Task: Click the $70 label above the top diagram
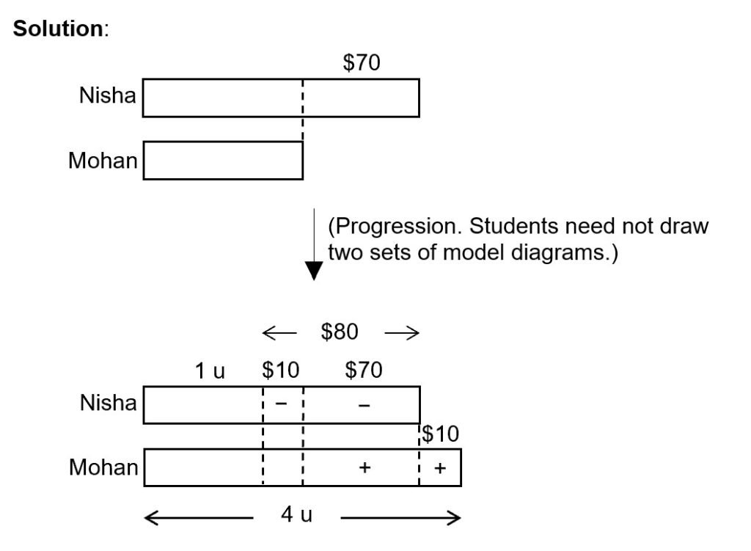click(362, 64)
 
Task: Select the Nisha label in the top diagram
click(108, 96)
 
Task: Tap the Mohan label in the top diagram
click(103, 161)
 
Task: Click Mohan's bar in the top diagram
click(223, 161)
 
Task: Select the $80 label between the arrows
click(340, 332)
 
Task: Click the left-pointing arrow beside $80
click(279, 334)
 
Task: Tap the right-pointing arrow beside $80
click(402, 334)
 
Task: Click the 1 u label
click(210, 371)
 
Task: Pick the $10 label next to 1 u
click(281, 371)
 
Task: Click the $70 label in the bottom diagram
click(363, 371)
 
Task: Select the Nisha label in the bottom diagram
click(108, 403)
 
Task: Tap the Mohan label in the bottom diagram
click(103, 467)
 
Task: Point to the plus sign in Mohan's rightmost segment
click(440, 468)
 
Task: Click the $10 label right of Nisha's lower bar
click(440, 434)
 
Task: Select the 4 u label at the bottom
click(296, 515)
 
